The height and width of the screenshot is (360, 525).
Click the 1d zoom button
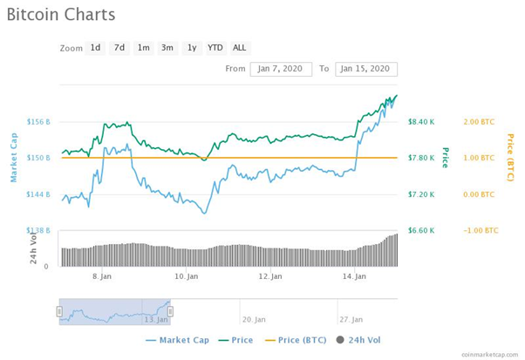pos(95,48)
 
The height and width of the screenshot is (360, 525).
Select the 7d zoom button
pos(119,48)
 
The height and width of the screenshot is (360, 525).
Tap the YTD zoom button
pos(215,48)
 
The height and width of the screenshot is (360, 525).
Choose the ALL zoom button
pos(240,48)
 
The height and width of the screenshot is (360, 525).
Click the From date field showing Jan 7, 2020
pos(281,69)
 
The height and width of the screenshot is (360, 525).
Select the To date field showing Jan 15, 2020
pos(366,69)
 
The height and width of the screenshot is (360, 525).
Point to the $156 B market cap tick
pos(38,121)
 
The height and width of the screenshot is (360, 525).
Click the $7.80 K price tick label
pos(421,158)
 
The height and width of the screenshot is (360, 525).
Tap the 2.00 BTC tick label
pos(479,122)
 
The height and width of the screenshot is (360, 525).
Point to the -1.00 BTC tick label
pos(481,230)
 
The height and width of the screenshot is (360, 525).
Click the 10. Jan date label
pos(186,276)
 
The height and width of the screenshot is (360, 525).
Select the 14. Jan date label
pos(354,276)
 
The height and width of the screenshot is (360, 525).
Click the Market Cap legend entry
pos(177,340)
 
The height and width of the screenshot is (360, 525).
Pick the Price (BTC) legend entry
pos(296,340)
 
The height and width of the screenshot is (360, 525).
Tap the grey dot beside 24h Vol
pos(340,340)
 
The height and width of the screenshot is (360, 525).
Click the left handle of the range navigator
pos(59,311)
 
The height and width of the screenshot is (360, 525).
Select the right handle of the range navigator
pos(170,311)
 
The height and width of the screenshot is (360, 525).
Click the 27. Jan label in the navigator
pos(351,320)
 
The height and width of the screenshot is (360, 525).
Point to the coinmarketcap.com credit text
pos(490,354)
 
